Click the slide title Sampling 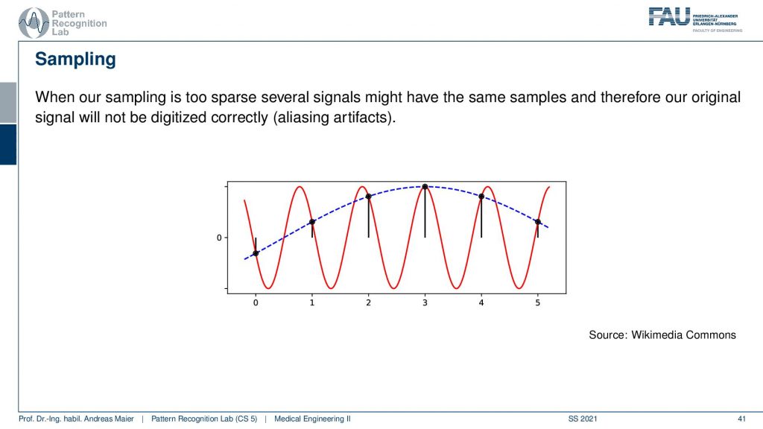tap(75, 60)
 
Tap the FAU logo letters tap(669, 16)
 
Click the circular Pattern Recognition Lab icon tap(34, 23)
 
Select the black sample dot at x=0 tap(256, 253)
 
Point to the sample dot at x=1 tap(312, 222)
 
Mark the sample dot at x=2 tap(368, 197)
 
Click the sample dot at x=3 tap(425, 187)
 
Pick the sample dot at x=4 tap(481, 197)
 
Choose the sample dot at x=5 tap(538, 222)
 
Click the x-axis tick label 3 tap(425, 302)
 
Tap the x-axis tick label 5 tap(538, 302)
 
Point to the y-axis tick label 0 tap(219, 238)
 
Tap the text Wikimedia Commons tap(684, 334)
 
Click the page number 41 tap(741, 419)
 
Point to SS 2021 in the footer tap(583, 419)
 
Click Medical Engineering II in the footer tap(312, 419)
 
